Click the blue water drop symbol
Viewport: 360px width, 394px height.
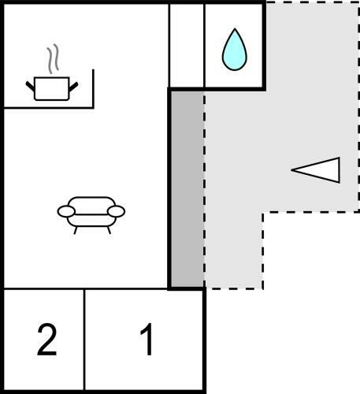click(x=235, y=51)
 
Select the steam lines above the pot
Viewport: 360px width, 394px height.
click(x=53, y=58)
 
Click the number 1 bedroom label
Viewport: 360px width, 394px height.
click(x=147, y=339)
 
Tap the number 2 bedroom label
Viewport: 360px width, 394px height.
click(x=47, y=340)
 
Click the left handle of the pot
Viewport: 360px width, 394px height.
click(x=30, y=86)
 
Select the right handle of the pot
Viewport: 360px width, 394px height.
click(x=73, y=87)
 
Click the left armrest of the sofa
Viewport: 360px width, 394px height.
click(x=66, y=212)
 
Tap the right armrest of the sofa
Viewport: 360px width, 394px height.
click(x=116, y=211)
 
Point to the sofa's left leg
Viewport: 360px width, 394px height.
click(x=76, y=230)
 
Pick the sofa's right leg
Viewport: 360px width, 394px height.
click(x=109, y=230)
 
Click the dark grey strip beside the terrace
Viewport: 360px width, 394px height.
click(x=187, y=189)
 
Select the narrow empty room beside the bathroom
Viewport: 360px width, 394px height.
click(x=187, y=46)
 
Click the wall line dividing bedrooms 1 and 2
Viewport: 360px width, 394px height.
click(x=84, y=340)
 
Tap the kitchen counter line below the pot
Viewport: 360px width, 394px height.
click(x=49, y=107)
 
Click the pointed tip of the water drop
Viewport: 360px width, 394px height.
click(x=235, y=28)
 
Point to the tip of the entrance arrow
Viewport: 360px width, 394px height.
click(x=291, y=170)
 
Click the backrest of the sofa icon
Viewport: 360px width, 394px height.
click(x=91, y=203)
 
